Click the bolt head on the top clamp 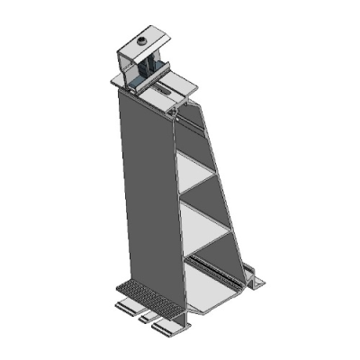click(x=141, y=40)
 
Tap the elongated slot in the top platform click(x=167, y=90)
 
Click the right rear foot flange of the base click(x=256, y=282)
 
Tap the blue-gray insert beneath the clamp click(x=135, y=84)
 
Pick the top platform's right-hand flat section click(x=184, y=87)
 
